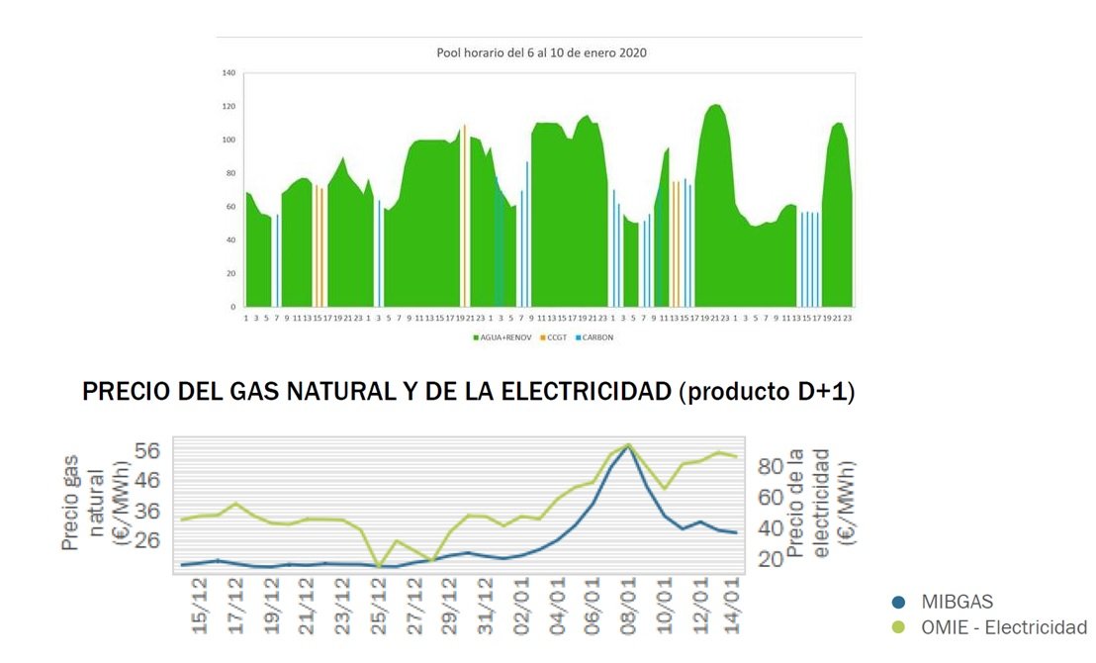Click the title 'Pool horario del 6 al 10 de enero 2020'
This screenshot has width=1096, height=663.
pyautogui.click(x=541, y=52)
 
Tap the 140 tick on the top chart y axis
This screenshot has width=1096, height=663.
pyautogui.click(x=228, y=73)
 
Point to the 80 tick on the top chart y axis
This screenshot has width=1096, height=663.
pyautogui.click(x=230, y=173)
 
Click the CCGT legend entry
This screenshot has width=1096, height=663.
pyautogui.click(x=556, y=337)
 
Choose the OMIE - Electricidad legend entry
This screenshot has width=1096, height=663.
pyautogui.click(x=1002, y=627)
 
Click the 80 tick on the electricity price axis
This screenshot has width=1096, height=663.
pyautogui.click(x=771, y=466)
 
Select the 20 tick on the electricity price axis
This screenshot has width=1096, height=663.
pyautogui.click(x=771, y=558)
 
